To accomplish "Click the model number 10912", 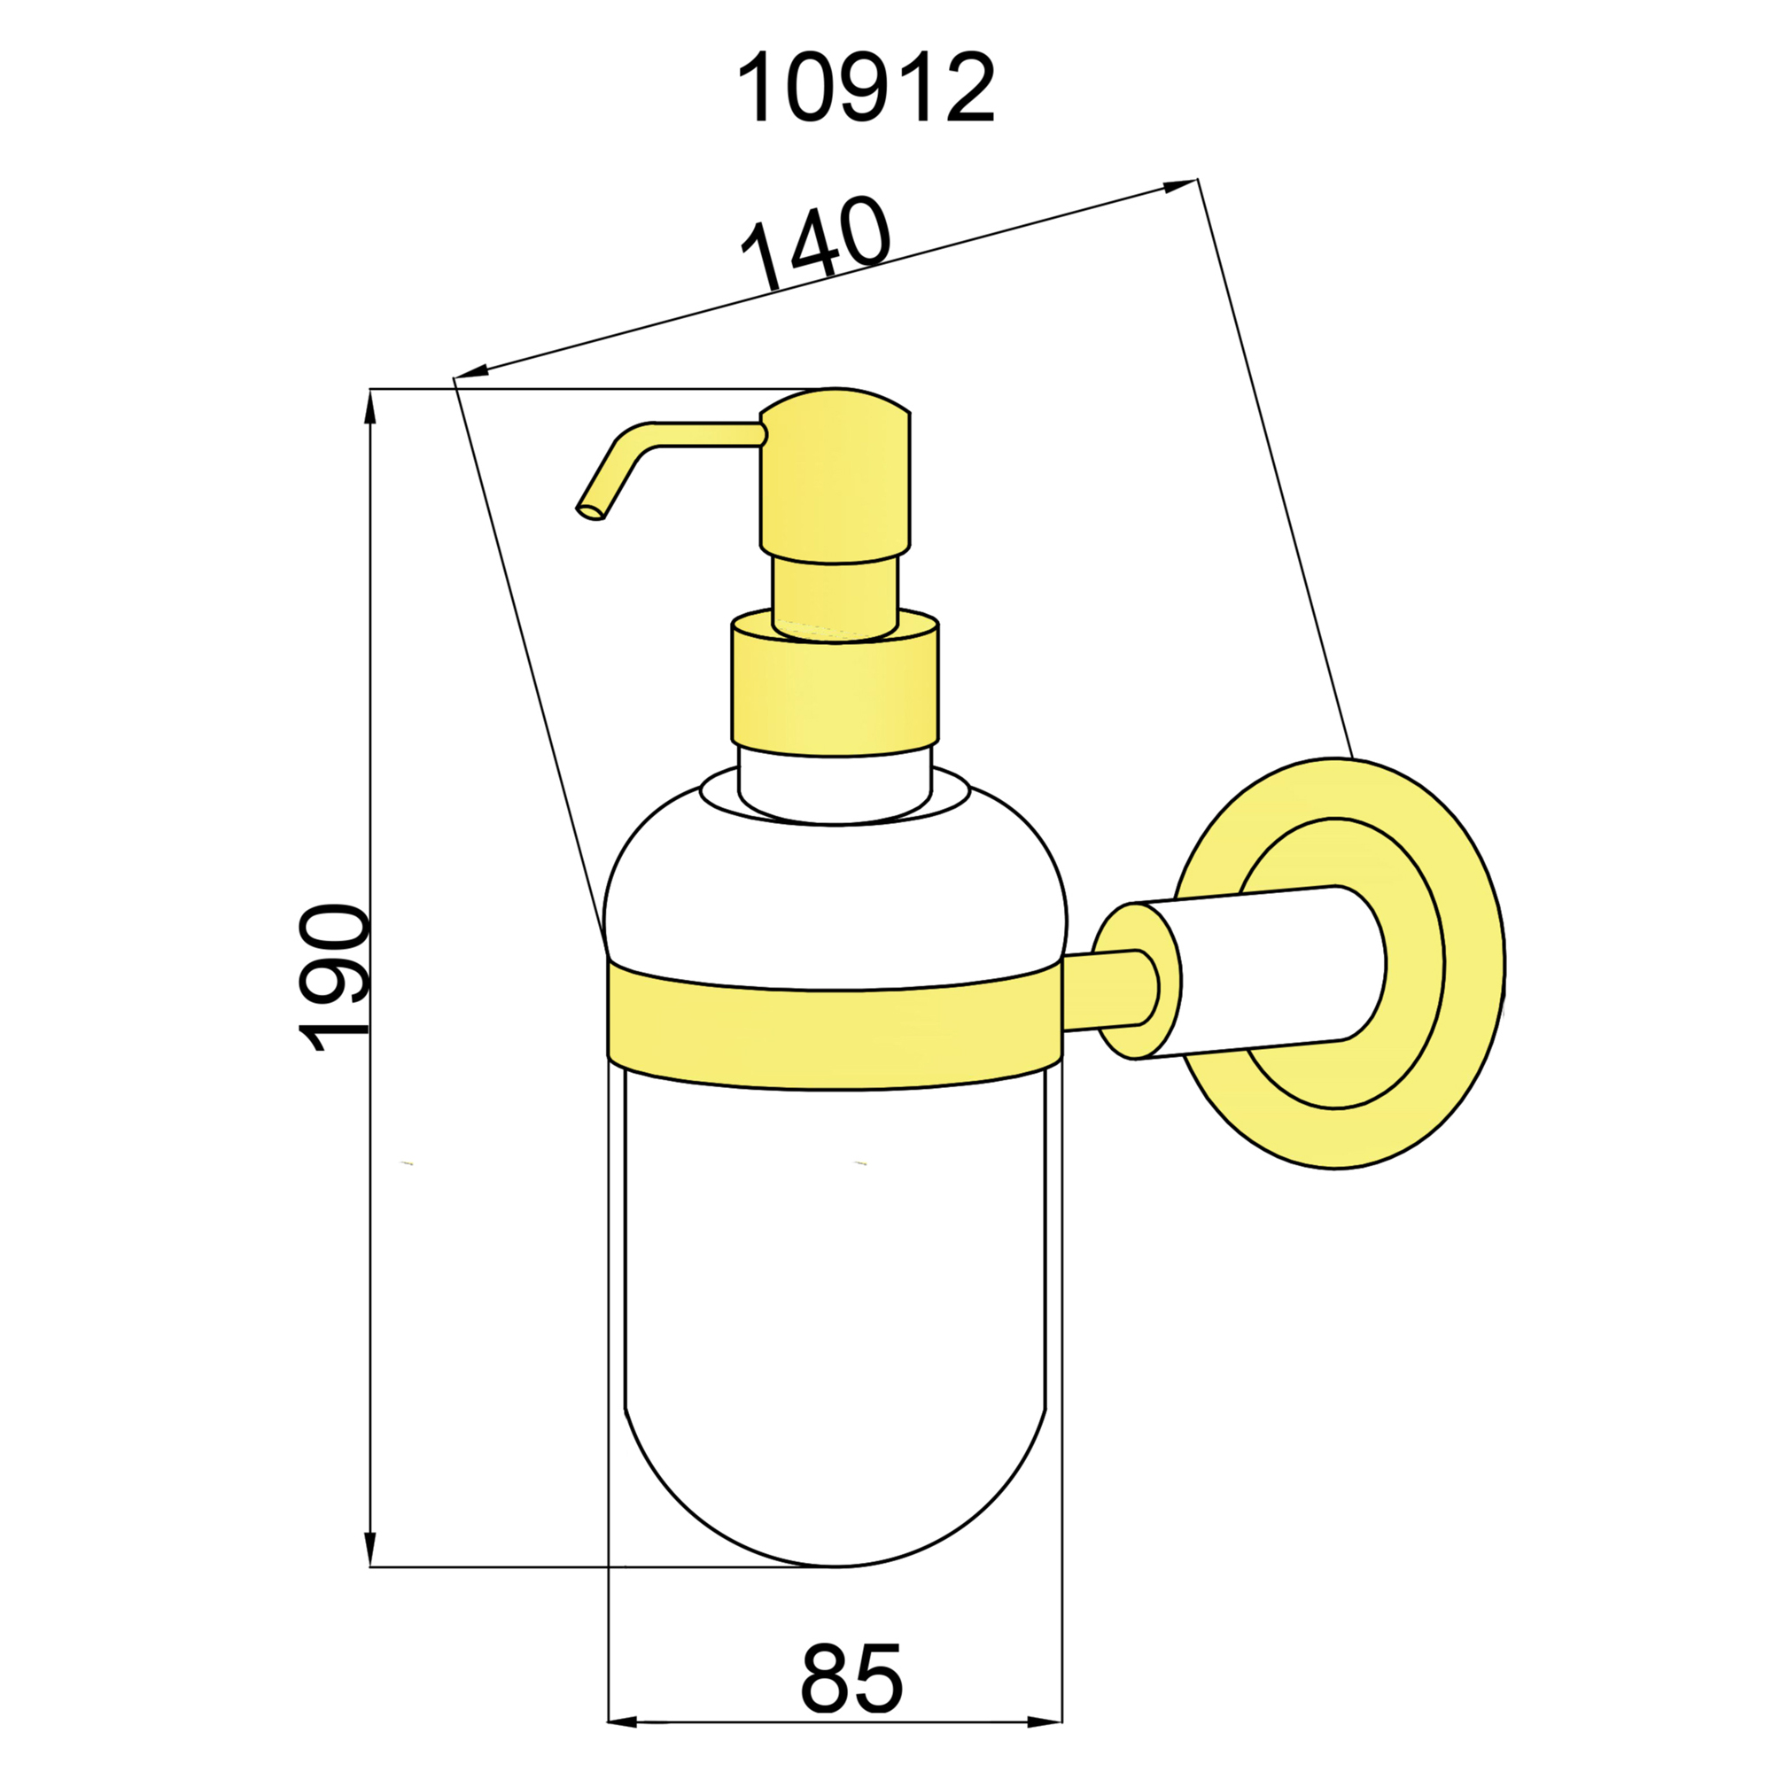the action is tap(865, 88).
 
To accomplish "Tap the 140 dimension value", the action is tap(815, 242).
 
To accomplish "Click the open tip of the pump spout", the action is tap(590, 512).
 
